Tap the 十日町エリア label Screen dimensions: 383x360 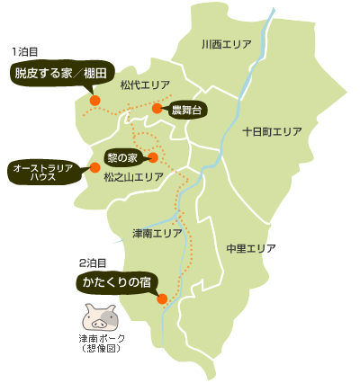tap(272, 131)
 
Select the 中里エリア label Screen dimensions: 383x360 tap(251, 247)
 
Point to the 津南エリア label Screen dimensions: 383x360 tap(157, 233)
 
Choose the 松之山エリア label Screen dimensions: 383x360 tap(134, 178)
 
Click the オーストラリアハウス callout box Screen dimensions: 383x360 tap(48, 172)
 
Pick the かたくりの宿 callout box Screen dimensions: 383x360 tap(118, 282)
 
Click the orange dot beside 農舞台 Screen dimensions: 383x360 tap(157, 109)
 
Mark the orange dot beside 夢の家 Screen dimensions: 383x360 tap(152, 157)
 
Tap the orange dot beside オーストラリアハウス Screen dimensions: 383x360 tap(94, 167)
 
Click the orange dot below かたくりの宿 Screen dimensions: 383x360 tap(162, 299)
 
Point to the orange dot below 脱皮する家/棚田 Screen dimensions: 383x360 tap(94, 101)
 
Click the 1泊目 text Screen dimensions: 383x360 tap(25, 52)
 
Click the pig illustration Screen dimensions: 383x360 tap(100, 317)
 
